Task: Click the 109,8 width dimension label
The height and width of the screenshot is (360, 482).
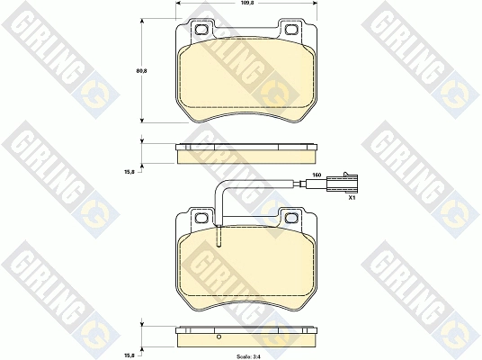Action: (x=246, y=3)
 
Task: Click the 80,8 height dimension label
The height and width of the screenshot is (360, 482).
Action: (x=141, y=70)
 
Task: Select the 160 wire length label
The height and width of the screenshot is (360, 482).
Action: (x=317, y=175)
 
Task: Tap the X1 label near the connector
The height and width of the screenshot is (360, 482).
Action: (x=352, y=198)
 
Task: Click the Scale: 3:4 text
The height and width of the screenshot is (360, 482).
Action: (x=248, y=357)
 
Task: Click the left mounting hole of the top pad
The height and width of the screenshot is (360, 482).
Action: (x=201, y=30)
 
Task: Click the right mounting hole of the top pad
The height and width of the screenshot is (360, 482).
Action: (x=291, y=30)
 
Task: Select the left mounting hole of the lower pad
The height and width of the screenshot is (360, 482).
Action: (x=201, y=218)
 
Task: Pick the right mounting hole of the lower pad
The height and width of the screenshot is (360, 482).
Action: (x=291, y=218)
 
